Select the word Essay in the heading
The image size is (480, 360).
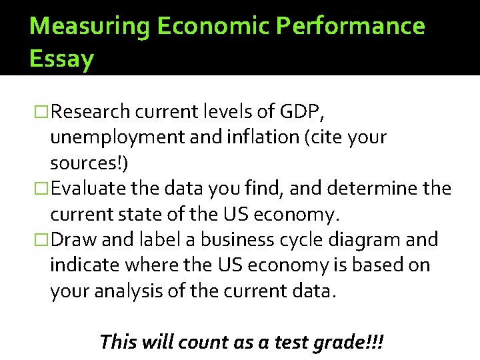(62, 59)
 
